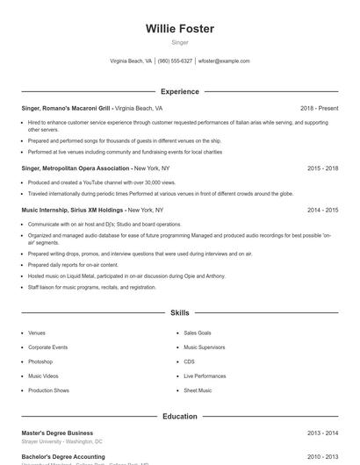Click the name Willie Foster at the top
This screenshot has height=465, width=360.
tap(179, 29)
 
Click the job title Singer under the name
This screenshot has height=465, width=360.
tap(179, 42)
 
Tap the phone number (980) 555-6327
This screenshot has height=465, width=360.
tap(175, 61)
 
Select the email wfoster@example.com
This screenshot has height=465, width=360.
tap(224, 61)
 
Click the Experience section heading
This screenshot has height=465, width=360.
tap(179, 91)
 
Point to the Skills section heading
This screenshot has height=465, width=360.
tap(179, 312)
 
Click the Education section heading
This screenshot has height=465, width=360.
tap(179, 417)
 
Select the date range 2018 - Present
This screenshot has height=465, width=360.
tap(319, 109)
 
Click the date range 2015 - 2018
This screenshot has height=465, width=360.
tap(322, 167)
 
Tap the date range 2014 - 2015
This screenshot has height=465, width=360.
tap(322, 211)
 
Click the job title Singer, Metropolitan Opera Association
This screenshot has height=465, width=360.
tap(76, 167)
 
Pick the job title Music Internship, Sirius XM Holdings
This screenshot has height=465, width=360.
tap(73, 211)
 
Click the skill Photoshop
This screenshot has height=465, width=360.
tap(40, 361)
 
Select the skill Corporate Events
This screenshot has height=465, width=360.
tap(47, 347)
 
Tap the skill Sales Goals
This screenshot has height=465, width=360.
tap(198, 333)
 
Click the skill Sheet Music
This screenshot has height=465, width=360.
tap(198, 390)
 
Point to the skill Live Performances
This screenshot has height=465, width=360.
tap(205, 376)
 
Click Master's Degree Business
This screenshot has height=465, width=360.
tap(57, 433)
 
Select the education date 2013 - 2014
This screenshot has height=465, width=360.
tap(322, 433)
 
